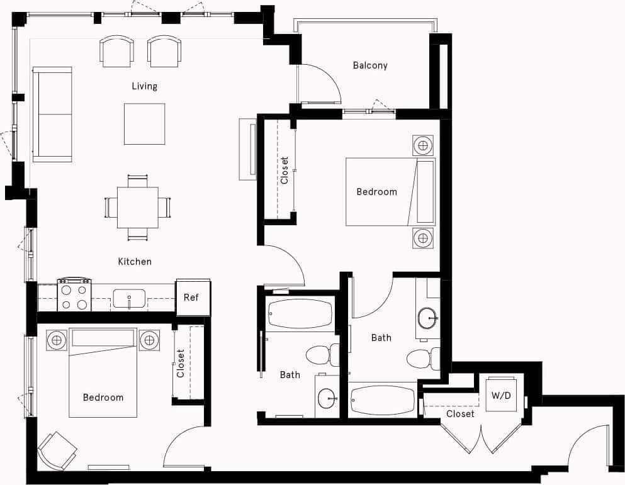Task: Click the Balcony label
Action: click(369, 65)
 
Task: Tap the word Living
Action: click(144, 86)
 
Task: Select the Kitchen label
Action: click(135, 261)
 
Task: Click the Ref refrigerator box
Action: click(192, 297)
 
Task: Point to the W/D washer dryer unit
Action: click(502, 395)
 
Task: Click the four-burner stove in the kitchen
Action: click(74, 296)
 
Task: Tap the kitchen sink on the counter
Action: click(129, 299)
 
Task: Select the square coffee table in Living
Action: click(144, 124)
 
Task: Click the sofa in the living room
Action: click(52, 114)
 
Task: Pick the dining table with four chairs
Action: click(137, 208)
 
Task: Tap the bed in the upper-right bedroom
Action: click(390, 191)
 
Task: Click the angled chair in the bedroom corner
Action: click(57, 450)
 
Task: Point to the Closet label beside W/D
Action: click(460, 414)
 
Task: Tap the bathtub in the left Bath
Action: click(300, 313)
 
